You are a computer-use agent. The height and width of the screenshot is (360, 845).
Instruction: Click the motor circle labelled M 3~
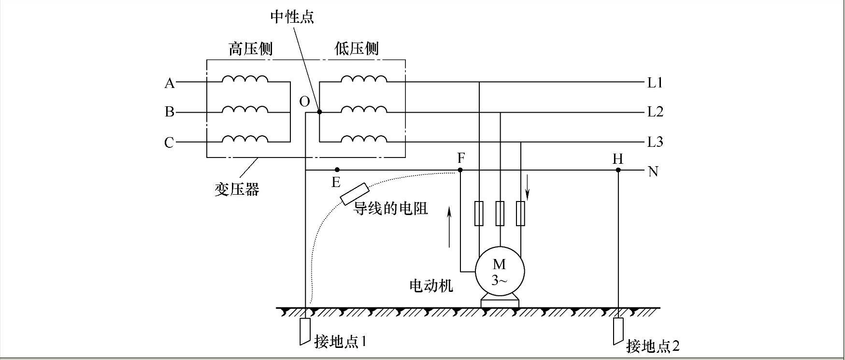pos(500,271)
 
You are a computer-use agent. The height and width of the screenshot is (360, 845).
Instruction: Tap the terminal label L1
pos(655,83)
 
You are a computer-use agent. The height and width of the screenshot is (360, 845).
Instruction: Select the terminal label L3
pos(655,142)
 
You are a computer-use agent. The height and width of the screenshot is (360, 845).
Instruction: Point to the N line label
pos(653,172)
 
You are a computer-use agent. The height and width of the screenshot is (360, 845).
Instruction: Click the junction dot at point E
pos(337,170)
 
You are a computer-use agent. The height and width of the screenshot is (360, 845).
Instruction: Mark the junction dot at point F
pos(460,170)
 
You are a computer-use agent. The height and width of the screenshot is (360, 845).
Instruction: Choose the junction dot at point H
pos(618,170)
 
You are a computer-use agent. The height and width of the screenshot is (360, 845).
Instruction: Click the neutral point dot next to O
pos(319,112)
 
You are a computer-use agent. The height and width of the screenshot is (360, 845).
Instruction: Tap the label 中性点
pos(292,17)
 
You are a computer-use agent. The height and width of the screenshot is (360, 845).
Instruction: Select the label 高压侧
pos(250,49)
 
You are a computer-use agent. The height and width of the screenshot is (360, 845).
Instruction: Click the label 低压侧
pos(357,49)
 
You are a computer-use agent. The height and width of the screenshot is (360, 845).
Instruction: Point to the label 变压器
pos(237,189)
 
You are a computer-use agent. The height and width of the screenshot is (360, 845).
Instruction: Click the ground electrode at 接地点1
pos(304,331)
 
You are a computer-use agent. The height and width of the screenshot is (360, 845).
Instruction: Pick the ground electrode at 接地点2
pos(618,331)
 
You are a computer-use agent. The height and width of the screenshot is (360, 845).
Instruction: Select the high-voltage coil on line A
pos(245,80)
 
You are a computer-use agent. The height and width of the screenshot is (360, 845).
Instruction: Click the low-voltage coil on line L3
pos(364,140)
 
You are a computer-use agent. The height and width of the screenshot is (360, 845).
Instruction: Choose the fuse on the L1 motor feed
pos(479,213)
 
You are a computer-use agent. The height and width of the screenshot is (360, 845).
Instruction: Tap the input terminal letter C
pos(169,143)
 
